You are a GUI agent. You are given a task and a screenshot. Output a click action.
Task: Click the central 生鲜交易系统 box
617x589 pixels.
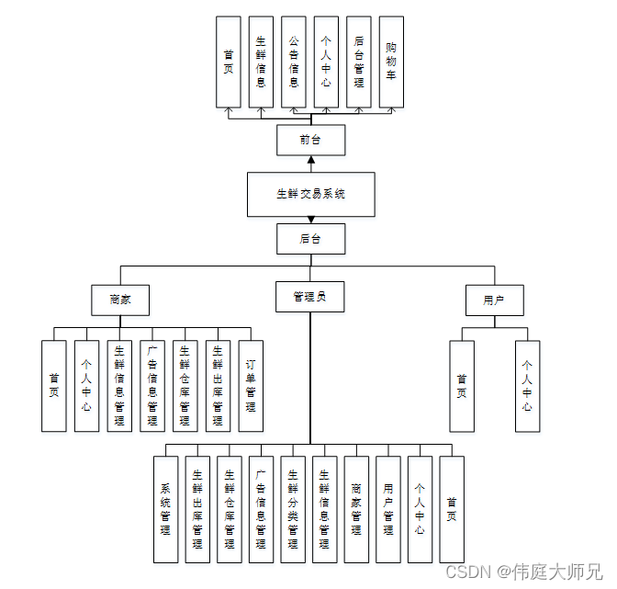[x=310, y=194]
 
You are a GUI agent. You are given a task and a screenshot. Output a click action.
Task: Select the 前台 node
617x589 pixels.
[x=310, y=140]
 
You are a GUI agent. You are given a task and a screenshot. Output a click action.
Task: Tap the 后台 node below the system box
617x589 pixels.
[x=310, y=239]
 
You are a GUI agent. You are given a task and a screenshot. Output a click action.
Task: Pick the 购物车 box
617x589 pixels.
[x=391, y=61]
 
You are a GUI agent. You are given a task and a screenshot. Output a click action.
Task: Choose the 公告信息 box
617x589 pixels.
[x=294, y=61]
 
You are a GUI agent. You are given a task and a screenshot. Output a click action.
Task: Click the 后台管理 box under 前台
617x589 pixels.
[x=359, y=61]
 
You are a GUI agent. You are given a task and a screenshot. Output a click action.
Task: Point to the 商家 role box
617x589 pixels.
[x=120, y=300]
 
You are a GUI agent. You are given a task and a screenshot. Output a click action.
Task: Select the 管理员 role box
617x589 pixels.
[x=310, y=296]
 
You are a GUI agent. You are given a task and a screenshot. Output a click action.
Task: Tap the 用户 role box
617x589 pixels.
[x=494, y=300]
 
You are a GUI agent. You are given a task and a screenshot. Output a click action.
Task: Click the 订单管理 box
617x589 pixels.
[x=251, y=386]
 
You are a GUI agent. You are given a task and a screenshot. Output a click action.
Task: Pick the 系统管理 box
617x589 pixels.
[x=165, y=509]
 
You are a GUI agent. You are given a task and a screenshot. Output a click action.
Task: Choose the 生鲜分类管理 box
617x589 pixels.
[x=293, y=509]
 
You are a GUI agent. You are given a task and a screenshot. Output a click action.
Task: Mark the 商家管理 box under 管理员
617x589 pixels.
[x=356, y=509]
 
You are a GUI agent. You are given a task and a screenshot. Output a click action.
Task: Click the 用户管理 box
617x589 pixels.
[x=388, y=509]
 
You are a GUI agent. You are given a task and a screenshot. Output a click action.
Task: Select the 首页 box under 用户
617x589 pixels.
[x=462, y=386]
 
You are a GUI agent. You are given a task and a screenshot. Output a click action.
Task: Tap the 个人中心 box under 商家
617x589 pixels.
[x=86, y=386]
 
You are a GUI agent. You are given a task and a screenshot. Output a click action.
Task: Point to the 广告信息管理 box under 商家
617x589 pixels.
[x=152, y=386]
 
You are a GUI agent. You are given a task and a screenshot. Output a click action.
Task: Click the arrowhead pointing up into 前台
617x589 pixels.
[x=311, y=160]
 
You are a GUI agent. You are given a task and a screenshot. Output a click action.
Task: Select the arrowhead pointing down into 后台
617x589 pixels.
[x=311, y=220]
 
